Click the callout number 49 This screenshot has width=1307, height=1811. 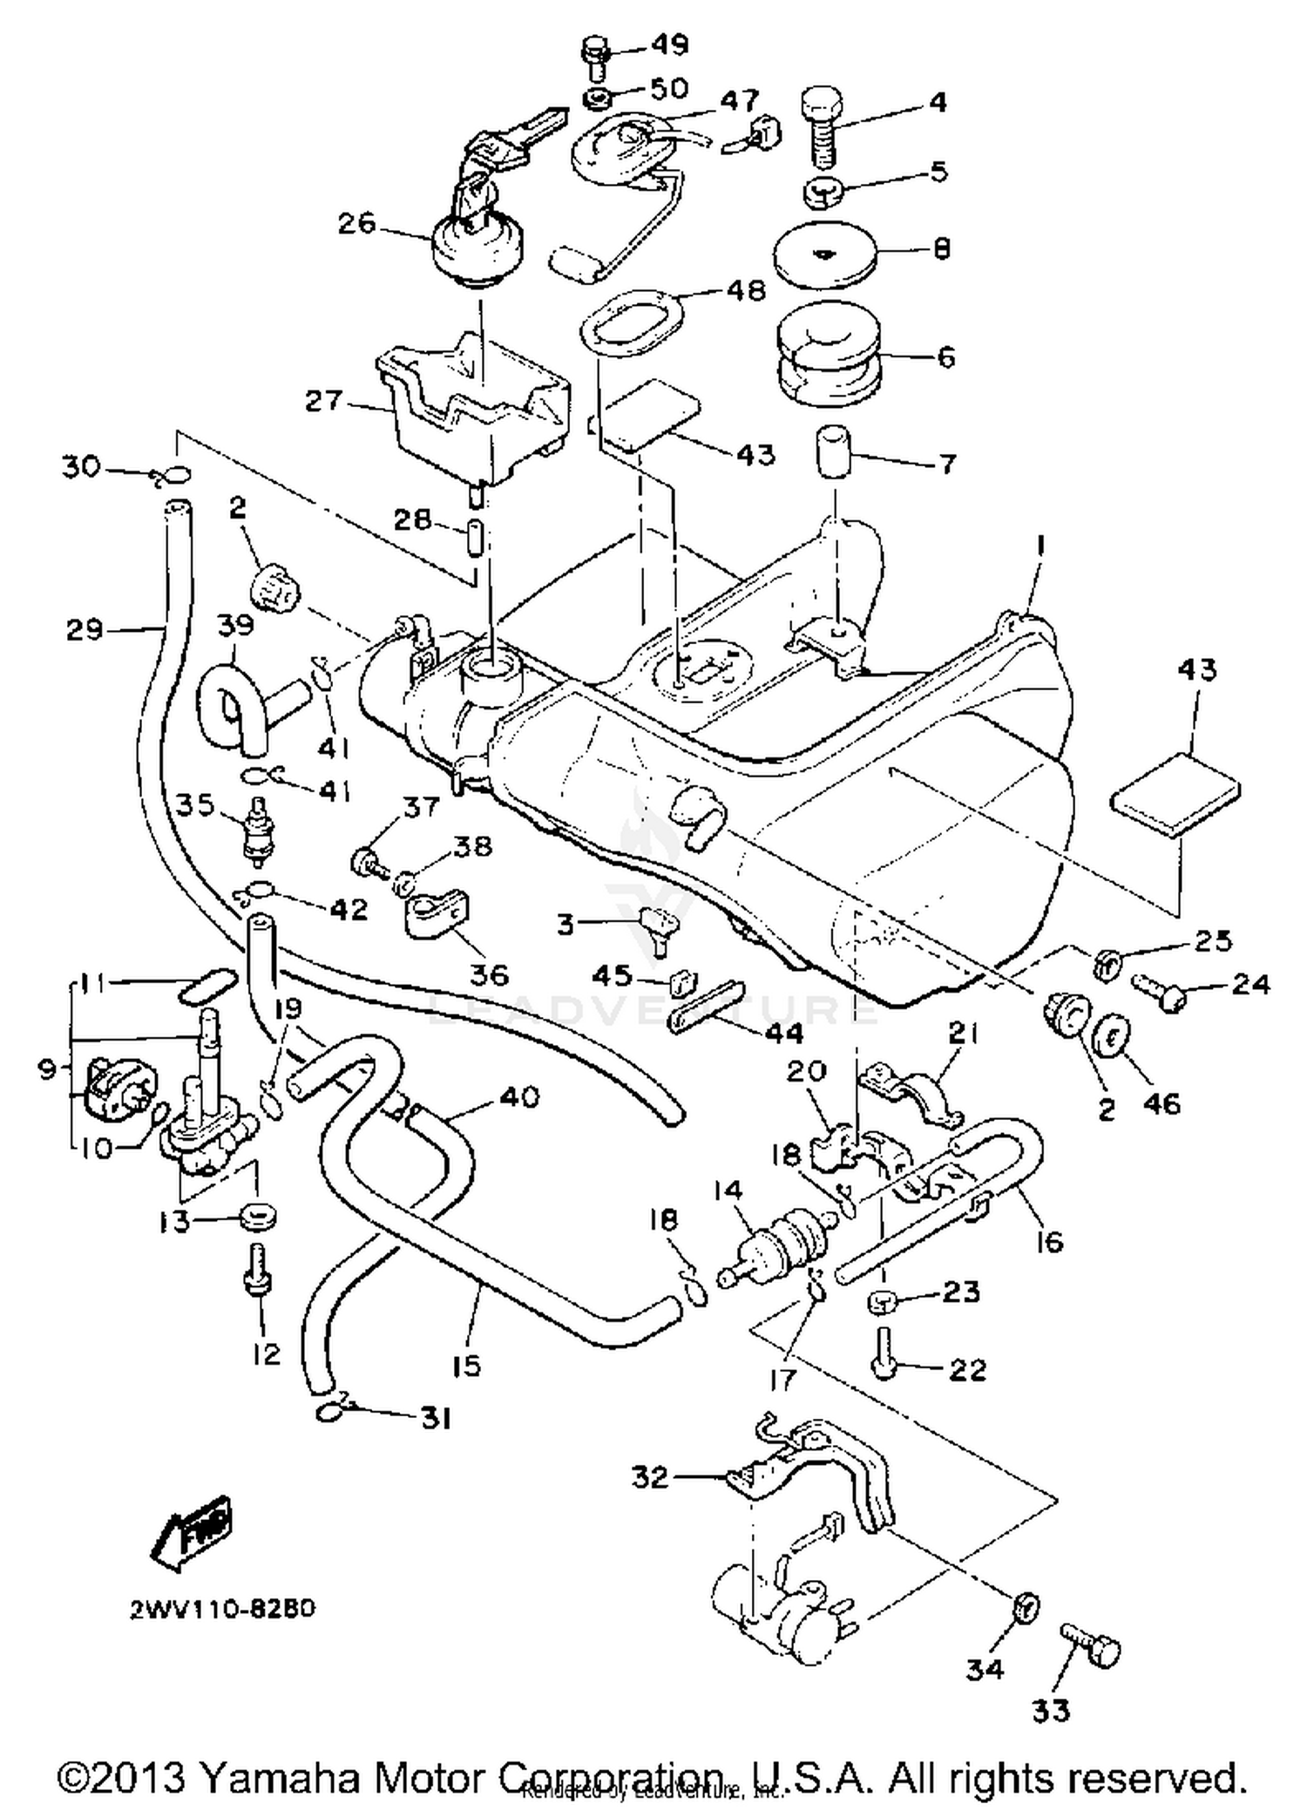(x=669, y=44)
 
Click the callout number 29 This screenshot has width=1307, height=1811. (x=85, y=628)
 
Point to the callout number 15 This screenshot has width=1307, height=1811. (x=468, y=1365)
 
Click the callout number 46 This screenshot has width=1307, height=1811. (x=1161, y=1103)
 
